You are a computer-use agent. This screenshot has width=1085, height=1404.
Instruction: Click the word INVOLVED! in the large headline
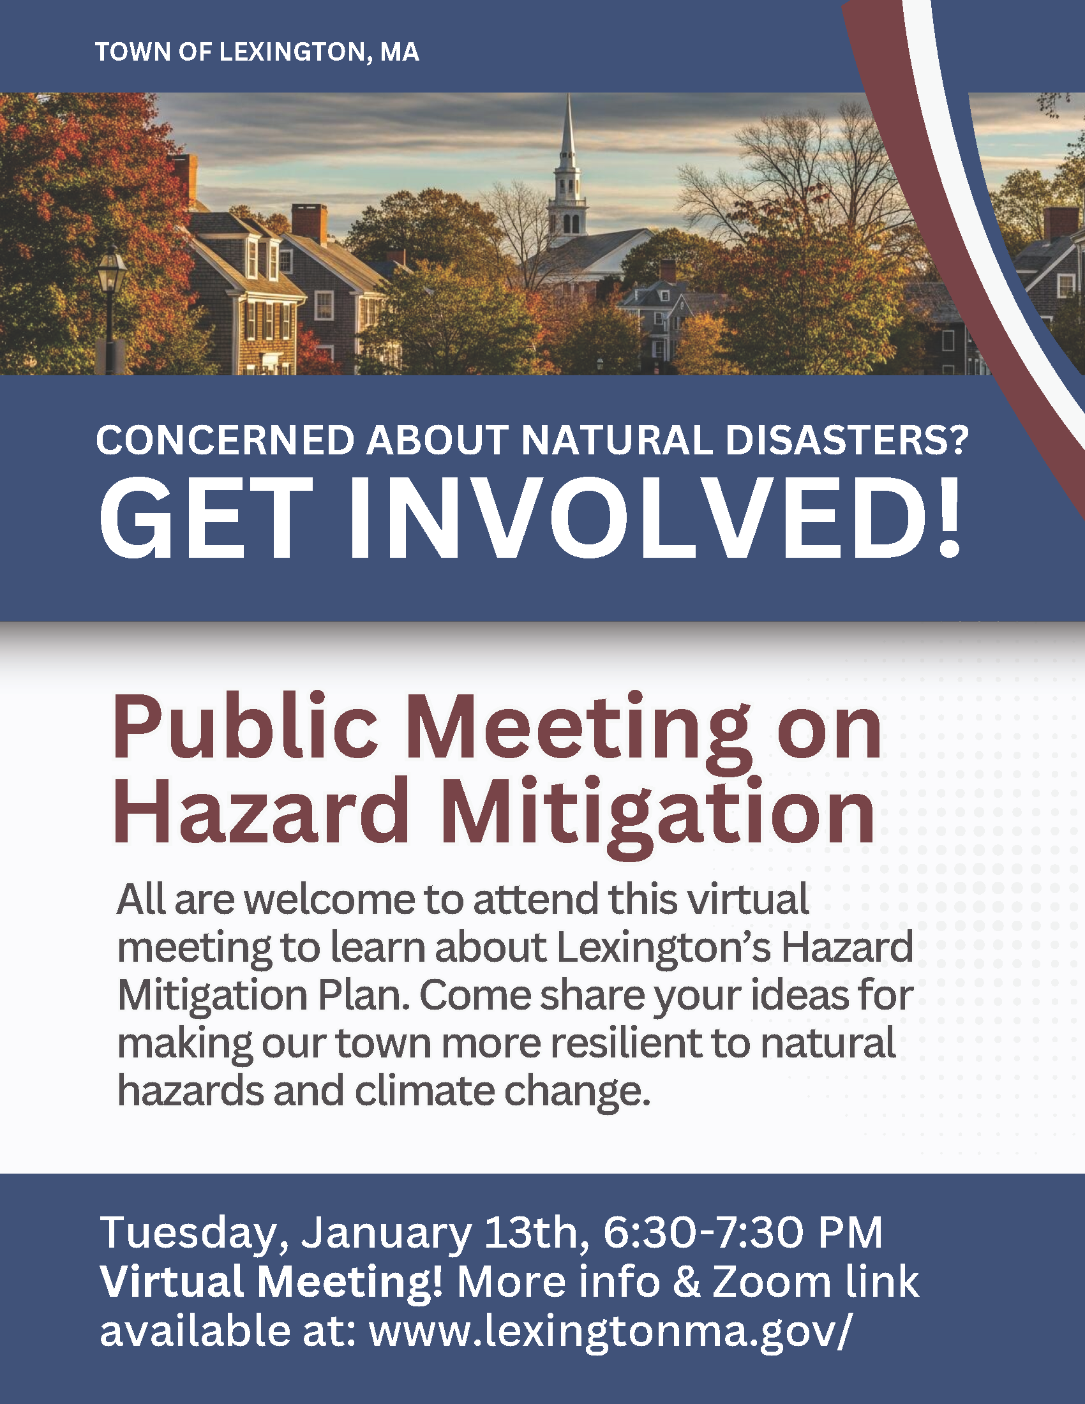[x=655, y=520]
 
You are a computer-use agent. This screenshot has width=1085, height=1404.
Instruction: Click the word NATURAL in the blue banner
[x=617, y=441]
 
